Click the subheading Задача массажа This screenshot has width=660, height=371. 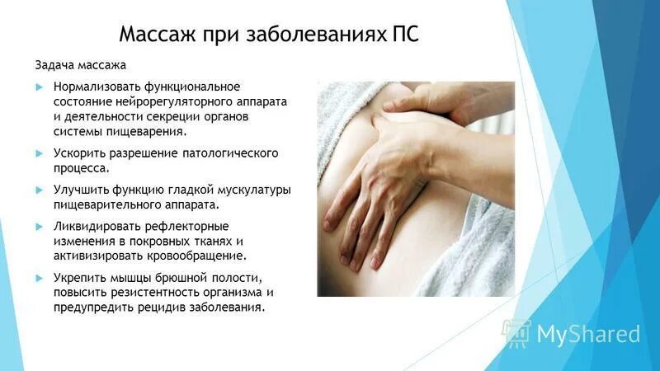[80, 65]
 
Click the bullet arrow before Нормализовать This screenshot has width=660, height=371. [39, 87]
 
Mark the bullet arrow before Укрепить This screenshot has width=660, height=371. [39, 279]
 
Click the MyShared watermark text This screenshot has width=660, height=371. [587, 334]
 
